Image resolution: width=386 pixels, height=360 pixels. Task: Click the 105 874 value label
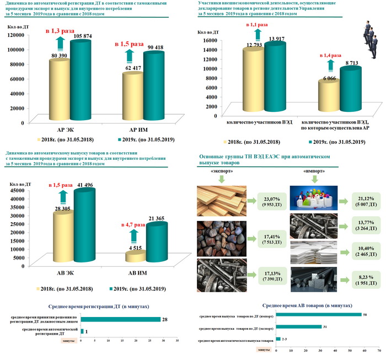tap(79, 36)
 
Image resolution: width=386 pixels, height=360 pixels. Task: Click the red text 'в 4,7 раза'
tap(130, 224)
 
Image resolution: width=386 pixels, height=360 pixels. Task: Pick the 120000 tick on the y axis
tap(20, 34)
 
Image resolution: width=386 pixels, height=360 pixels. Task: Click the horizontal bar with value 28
tap(121, 320)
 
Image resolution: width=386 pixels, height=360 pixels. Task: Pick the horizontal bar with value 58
tap(318, 315)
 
